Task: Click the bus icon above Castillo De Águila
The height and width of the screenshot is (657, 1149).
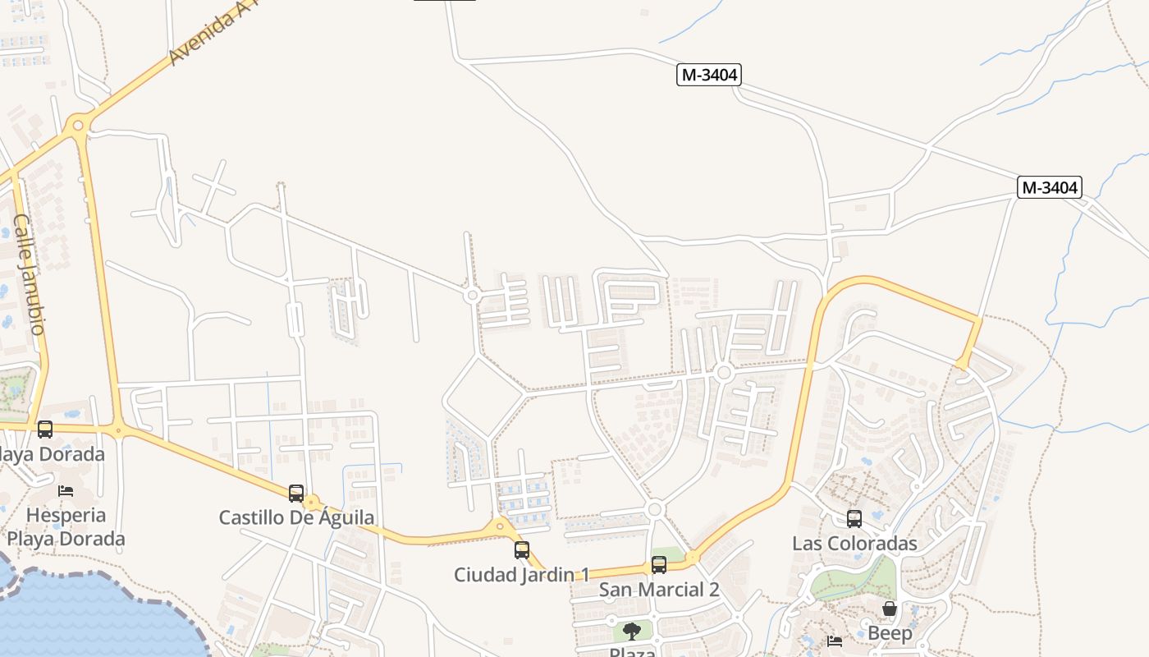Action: point(296,494)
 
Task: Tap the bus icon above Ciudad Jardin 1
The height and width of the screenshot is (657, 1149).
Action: point(522,550)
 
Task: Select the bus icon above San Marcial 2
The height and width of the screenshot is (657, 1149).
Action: point(659,565)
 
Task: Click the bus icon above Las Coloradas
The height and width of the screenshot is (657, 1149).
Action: point(854,519)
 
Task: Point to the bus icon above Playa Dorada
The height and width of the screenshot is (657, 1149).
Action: point(45,429)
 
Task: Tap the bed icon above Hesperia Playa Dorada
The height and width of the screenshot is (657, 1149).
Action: point(66,491)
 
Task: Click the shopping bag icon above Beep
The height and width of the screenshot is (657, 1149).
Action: point(889,609)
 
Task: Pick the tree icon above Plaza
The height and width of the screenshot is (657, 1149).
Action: point(631,631)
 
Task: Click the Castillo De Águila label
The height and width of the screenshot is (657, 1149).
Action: point(296,518)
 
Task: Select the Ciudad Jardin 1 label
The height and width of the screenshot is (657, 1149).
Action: point(522,575)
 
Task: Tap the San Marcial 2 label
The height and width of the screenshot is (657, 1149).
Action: point(659,590)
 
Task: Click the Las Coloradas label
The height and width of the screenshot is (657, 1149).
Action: point(854,544)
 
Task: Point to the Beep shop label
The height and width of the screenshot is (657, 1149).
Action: point(890,633)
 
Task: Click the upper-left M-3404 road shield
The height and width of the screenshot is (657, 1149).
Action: point(709,75)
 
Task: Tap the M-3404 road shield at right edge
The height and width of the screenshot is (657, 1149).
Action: point(1050,187)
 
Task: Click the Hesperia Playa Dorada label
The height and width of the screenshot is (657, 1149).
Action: point(66,527)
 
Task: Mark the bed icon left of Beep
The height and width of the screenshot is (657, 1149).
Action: point(835,641)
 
